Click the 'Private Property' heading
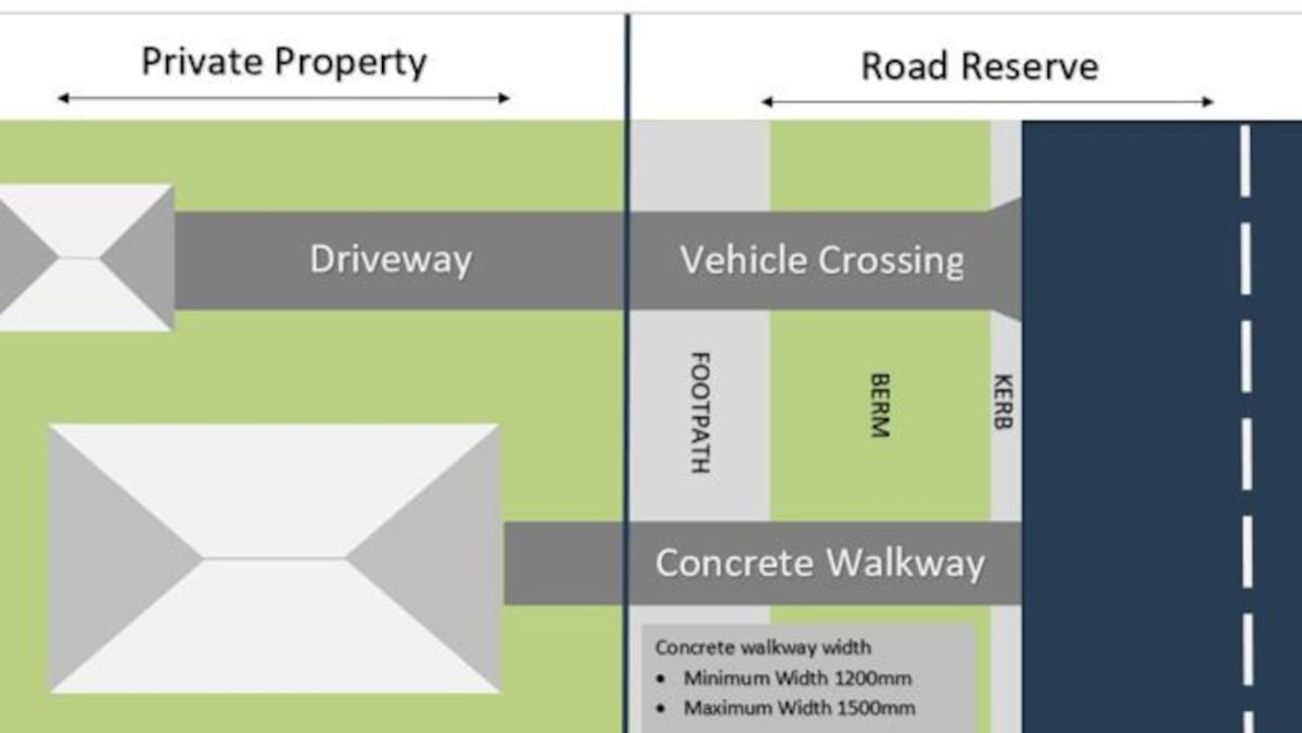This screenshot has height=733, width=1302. pos(284,63)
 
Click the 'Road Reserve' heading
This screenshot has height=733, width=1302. pos(980,66)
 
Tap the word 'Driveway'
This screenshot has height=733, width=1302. pos(391,259)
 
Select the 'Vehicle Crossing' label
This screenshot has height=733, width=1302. pos(822,260)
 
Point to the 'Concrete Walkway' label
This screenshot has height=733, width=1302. pos(820,563)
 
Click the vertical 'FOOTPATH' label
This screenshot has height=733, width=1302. pos(700,412)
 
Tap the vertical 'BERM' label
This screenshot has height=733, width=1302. pos(880,405)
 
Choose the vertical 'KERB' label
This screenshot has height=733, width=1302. pos(1003,401)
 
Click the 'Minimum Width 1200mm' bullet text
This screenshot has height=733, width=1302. pos(797,678)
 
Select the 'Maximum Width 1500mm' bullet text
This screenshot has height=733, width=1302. pos(799,708)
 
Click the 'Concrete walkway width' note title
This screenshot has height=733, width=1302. pos(762,647)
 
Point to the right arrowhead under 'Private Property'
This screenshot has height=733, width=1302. pos(504,98)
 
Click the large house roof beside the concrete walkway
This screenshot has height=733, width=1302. pos(275,558)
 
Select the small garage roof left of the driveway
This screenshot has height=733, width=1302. pos(85,258)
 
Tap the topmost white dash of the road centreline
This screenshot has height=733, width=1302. pos(1245,160)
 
